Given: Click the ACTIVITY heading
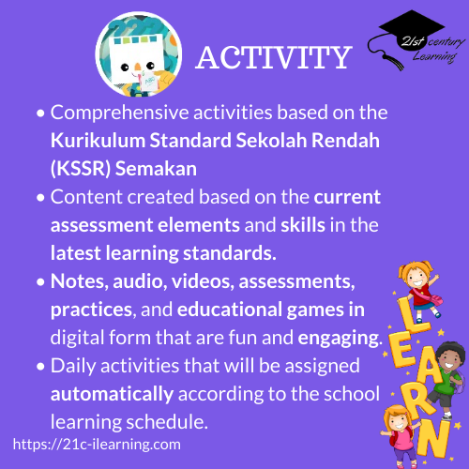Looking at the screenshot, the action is point(274,57).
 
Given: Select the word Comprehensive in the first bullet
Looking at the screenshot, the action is point(119,113).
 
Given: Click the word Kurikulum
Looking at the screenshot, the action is point(98,140).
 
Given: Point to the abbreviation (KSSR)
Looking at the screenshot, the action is point(81,169).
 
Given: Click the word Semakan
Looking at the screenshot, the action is point(156,169).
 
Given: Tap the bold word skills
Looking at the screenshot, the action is point(303,225).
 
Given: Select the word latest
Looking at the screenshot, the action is point(76,253).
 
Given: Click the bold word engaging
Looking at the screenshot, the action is point(340,339).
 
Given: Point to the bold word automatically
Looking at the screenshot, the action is point(112,394).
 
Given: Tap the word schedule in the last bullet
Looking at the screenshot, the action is point(167,422).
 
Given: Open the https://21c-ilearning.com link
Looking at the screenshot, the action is point(97,445).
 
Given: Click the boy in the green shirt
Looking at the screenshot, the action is point(446,378).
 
